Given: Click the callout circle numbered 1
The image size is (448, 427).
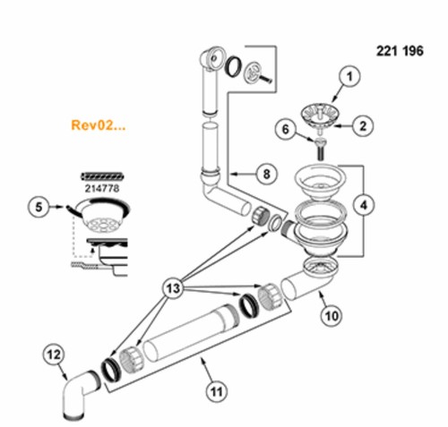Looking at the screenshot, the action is pyautogui.click(x=349, y=76).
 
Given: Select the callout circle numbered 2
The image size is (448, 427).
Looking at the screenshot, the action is pyautogui.click(x=363, y=125).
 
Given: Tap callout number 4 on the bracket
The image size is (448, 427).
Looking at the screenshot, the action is pyautogui.click(x=364, y=205).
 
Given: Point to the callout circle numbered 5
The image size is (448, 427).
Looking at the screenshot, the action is pyautogui.click(x=39, y=207).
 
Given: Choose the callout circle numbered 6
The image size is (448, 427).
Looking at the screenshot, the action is pyautogui.click(x=286, y=130).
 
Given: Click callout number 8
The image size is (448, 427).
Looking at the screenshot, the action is pyautogui.click(x=267, y=174).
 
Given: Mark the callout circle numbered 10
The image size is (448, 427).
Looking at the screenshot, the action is pyautogui.click(x=332, y=315).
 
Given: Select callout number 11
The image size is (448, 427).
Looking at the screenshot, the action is pyautogui.click(x=217, y=391).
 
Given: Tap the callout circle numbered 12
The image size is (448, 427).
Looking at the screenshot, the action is pyautogui.click(x=54, y=354).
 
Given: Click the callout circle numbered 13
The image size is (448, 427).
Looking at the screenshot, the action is pyautogui.click(x=173, y=288).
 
